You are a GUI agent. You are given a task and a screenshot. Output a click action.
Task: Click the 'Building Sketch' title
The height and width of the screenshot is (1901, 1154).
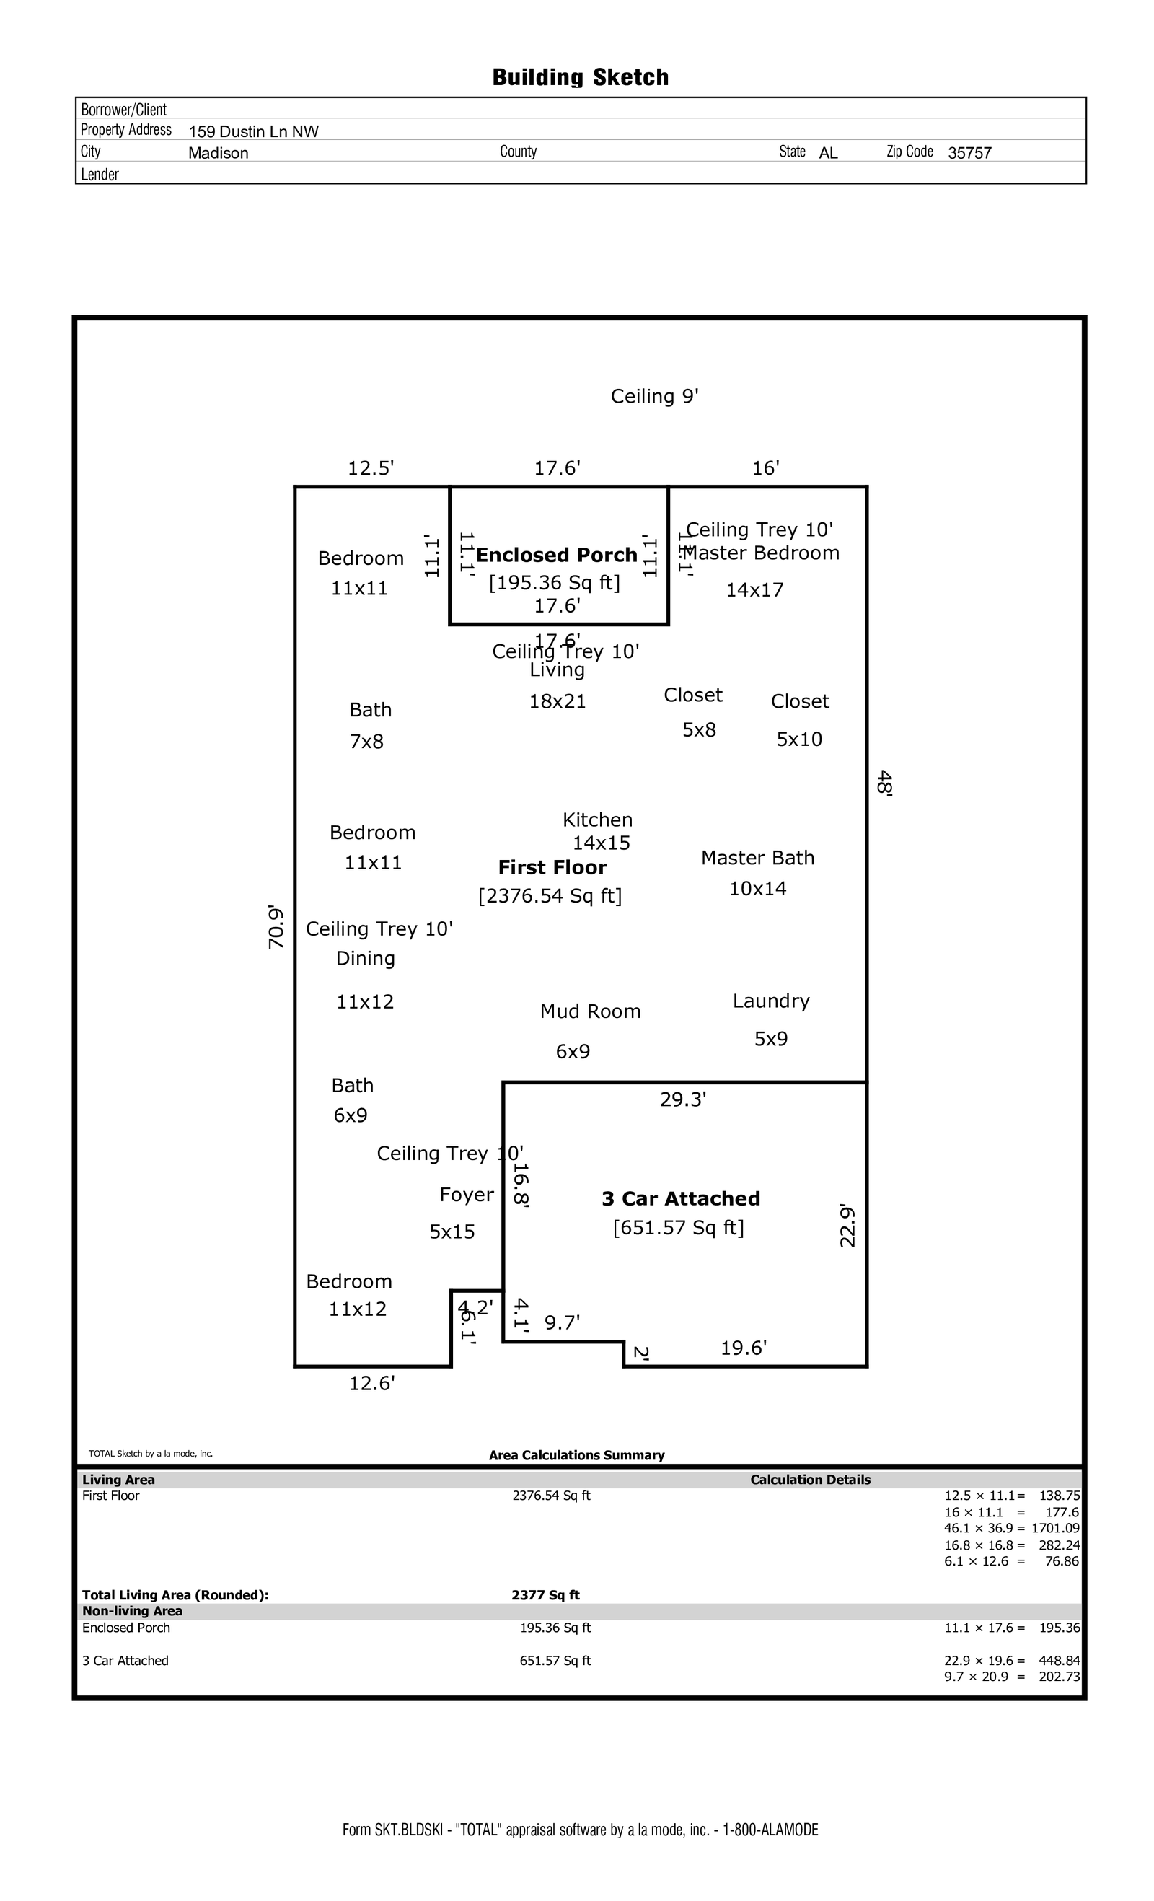coord(580,77)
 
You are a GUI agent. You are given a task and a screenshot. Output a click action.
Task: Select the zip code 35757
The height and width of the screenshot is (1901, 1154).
coord(969,153)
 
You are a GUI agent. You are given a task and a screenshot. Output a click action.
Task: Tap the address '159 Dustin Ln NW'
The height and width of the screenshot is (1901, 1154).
coord(253,131)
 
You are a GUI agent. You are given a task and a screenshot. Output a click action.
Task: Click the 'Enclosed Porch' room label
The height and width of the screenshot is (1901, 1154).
coord(556,555)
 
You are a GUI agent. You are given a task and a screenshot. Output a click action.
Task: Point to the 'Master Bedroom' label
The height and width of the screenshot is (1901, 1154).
coord(762,553)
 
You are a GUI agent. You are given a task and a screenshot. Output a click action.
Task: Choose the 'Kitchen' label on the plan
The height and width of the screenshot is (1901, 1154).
coord(597,820)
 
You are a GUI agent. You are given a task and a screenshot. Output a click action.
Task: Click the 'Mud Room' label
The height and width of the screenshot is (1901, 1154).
coord(590,1011)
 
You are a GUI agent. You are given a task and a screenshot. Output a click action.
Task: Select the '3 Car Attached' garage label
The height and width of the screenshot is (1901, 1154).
coord(680,1198)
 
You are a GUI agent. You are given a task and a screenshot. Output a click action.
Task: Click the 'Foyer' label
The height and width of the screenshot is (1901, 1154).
coord(466,1194)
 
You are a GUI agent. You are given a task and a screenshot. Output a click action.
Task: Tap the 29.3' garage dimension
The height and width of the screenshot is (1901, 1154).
coord(683,1099)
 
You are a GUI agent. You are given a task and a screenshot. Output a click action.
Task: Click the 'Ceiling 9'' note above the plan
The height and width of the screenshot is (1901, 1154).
coord(654,397)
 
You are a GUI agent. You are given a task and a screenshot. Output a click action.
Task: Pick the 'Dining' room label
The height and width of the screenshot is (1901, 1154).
coord(365,958)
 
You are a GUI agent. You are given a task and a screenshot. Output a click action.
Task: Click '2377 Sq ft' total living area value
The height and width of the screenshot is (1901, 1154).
coord(545,1594)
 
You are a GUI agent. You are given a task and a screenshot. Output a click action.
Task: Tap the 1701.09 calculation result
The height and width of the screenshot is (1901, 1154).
coord(1055,1527)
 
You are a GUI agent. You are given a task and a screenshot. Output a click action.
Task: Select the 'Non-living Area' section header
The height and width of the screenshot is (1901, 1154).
coord(132,1611)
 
